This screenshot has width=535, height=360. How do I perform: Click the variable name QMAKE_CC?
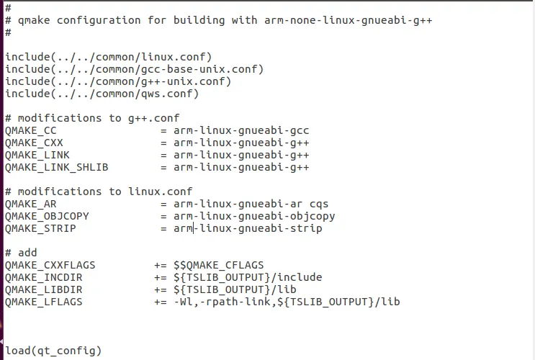(x=31, y=131)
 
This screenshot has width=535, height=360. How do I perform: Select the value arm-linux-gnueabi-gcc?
(x=241, y=131)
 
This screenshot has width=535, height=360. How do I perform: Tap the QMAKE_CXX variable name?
(x=34, y=143)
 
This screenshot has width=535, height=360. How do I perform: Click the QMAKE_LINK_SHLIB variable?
(x=56, y=167)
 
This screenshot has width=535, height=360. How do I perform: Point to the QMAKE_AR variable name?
(x=31, y=204)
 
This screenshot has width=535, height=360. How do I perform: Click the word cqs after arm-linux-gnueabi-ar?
(x=319, y=204)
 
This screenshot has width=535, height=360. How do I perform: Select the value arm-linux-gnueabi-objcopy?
(x=254, y=216)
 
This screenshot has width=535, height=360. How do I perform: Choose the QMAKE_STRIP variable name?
(x=40, y=229)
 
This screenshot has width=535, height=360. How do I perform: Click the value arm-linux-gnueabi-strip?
(x=248, y=229)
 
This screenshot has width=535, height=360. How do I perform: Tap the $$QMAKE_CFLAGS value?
(x=219, y=265)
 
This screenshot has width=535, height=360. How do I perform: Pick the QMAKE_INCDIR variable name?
(x=43, y=277)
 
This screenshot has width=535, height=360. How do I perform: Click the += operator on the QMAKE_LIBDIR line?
(x=161, y=289)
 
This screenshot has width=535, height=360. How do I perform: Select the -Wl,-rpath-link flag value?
(x=222, y=302)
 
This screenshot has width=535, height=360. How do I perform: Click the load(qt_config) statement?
(x=53, y=351)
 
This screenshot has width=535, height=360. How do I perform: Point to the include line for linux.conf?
(x=109, y=57)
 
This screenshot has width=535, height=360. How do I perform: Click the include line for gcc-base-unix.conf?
(x=134, y=69)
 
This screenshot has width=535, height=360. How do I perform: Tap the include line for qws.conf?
(x=102, y=94)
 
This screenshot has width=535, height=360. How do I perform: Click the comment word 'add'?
(x=27, y=253)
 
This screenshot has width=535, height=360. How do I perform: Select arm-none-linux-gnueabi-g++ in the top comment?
(x=349, y=20)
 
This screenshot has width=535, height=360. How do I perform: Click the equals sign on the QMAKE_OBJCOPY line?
(x=163, y=217)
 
